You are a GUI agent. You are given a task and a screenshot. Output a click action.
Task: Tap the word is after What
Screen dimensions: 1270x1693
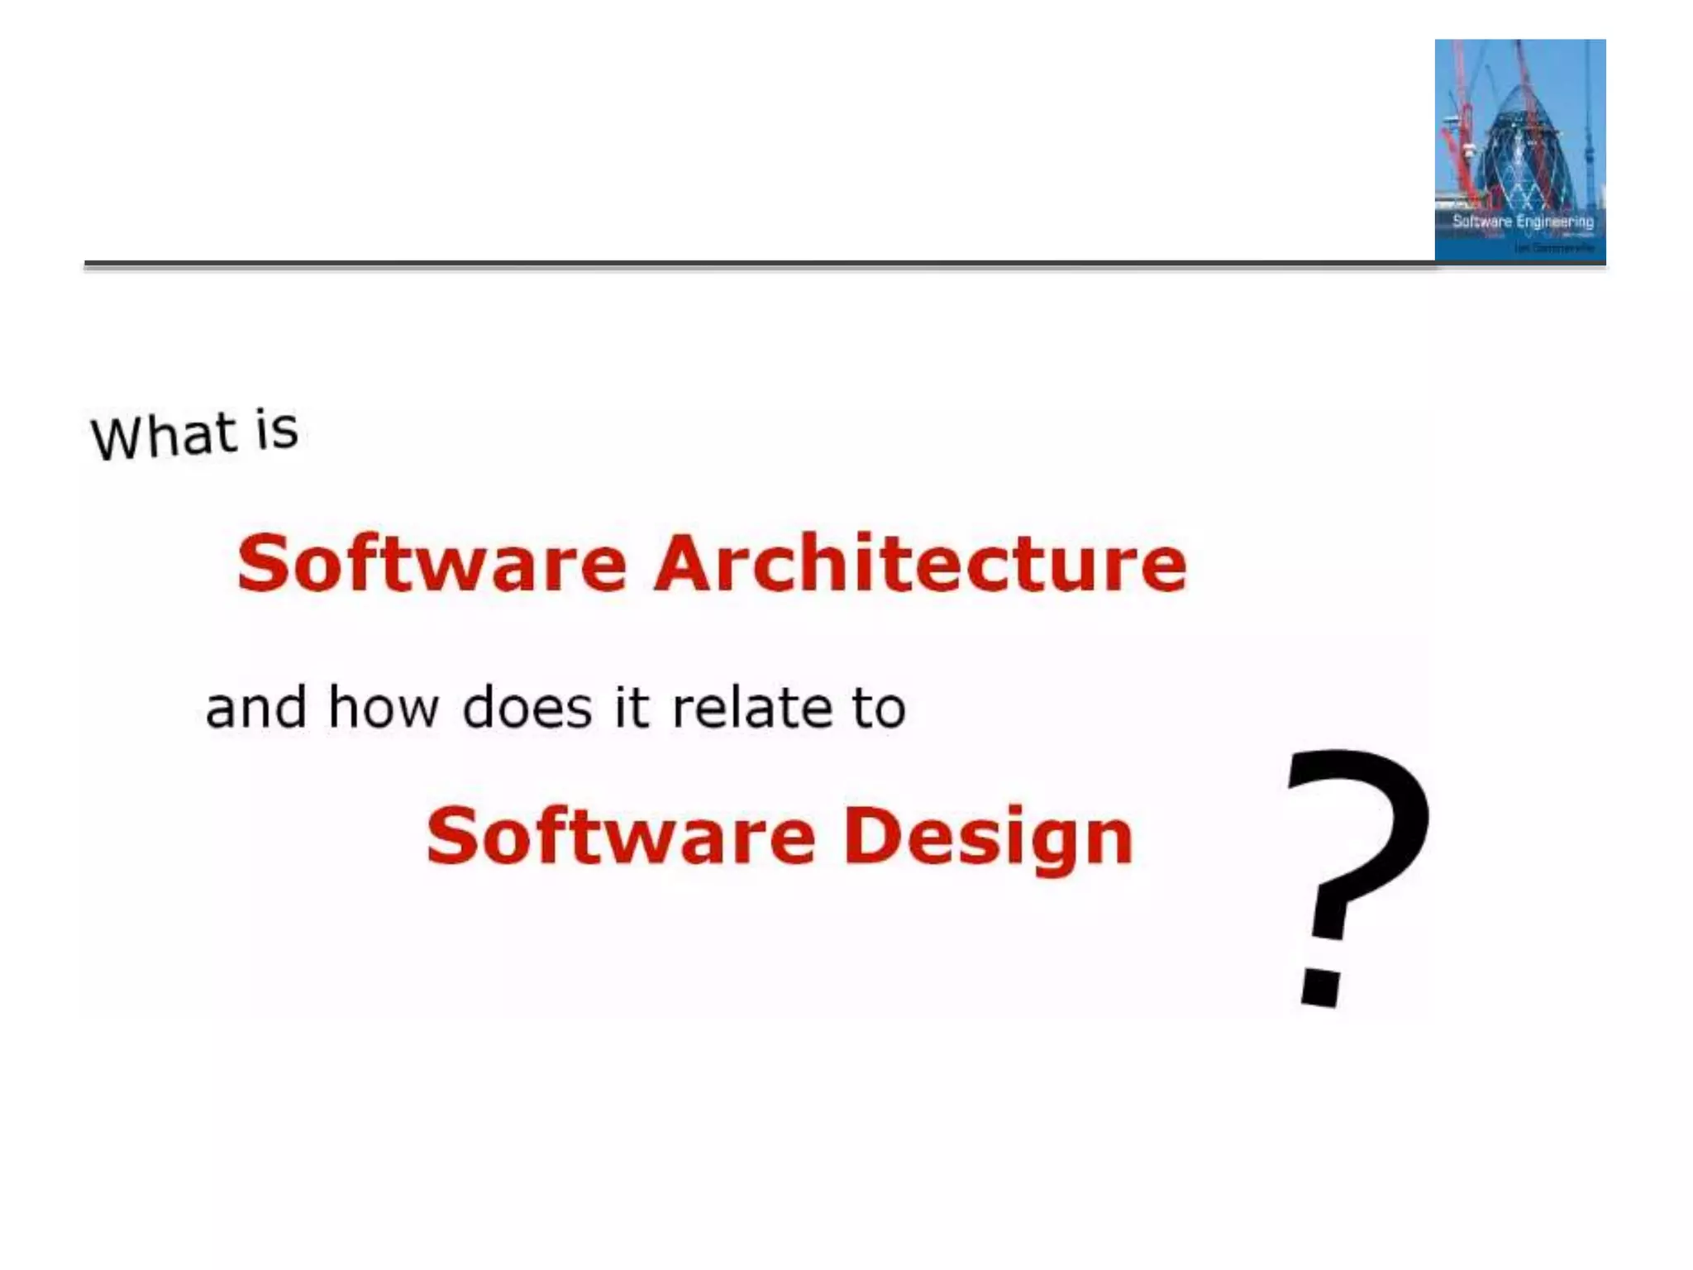[x=276, y=430]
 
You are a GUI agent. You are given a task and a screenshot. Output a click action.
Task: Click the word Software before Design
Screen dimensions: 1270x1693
[x=621, y=836]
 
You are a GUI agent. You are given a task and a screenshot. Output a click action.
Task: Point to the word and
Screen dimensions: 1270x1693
[x=255, y=709]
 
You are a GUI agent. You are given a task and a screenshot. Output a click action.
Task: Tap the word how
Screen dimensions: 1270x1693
[x=383, y=709]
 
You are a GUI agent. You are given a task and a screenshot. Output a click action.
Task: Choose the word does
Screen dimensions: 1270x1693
[x=527, y=709]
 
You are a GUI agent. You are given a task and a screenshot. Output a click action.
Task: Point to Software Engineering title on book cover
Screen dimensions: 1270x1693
[x=1523, y=222]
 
